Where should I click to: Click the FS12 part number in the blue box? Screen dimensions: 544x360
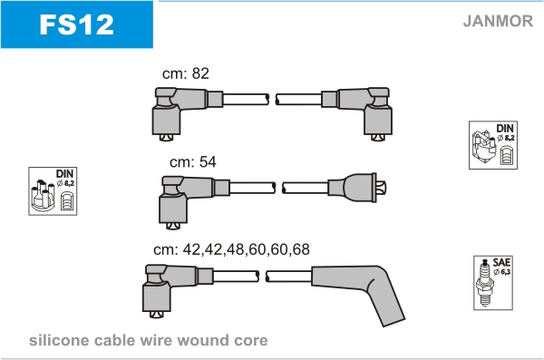coord(77,24)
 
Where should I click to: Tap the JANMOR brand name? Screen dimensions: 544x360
coord(498,21)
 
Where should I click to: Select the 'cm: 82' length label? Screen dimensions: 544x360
coord(186,73)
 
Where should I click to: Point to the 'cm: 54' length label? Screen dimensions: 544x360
coord(193,161)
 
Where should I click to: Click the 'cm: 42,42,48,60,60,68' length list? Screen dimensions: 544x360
coord(231,249)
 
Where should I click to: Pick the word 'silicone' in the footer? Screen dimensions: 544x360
coord(59,340)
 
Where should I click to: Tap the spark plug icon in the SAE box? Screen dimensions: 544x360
coord(485,283)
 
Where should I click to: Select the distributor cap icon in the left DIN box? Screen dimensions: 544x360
coord(43,196)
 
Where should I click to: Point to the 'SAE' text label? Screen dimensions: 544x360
coord(501,262)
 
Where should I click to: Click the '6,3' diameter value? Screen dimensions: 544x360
coord(505,272)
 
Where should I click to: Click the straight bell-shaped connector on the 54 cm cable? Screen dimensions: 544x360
coord(357,188)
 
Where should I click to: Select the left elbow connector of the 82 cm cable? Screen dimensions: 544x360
coord(188,114)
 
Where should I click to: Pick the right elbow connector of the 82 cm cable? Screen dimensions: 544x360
coord(357,114)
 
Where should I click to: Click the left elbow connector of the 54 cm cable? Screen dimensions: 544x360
coord(194,202)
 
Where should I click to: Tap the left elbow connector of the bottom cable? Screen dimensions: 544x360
coord(178,291)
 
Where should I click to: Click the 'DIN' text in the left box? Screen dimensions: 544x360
coord(64,173)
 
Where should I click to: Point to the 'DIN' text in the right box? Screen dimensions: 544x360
coord(505,128)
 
